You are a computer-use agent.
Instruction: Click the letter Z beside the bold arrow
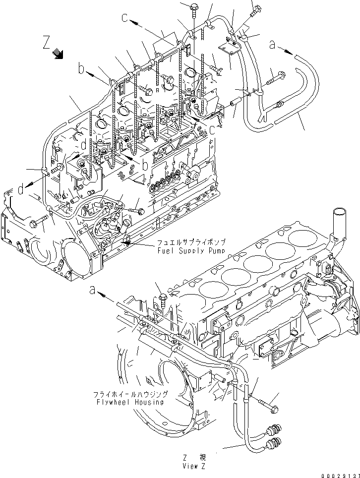(x=47, y=43)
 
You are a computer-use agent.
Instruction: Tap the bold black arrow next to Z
(x=58, y=53)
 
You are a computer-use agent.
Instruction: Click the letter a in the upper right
(x=272, y=45)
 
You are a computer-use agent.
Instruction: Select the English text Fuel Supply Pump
(x=191, y=251)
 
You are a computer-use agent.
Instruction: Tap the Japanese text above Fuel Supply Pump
(x=191, y=243)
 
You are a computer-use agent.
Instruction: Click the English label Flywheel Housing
(x=130, y=402)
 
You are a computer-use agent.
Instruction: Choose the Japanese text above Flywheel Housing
(x=130, y=395)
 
